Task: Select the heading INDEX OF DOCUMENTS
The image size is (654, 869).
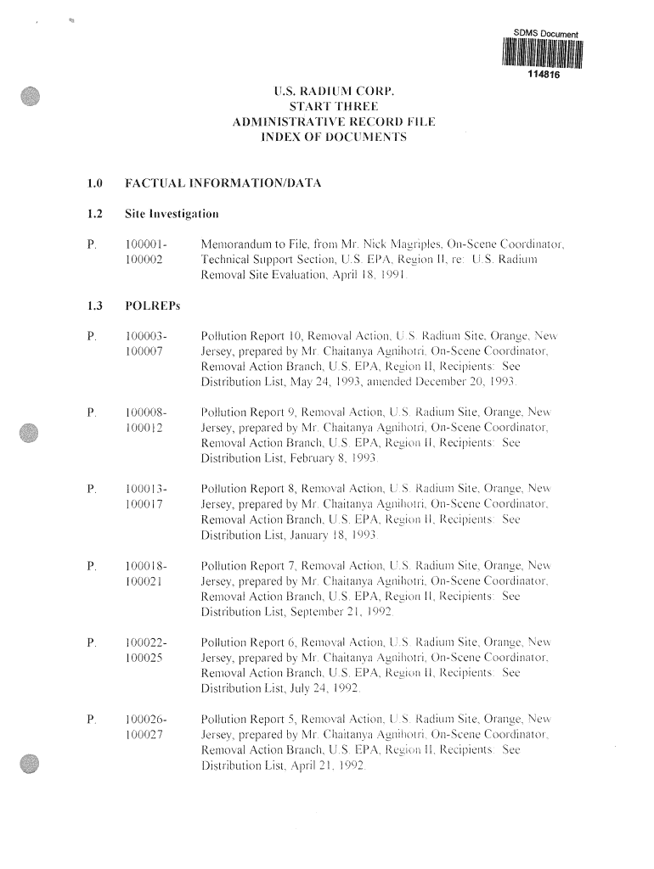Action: click(334, 137)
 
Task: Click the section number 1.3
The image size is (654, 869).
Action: click(94, 305)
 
